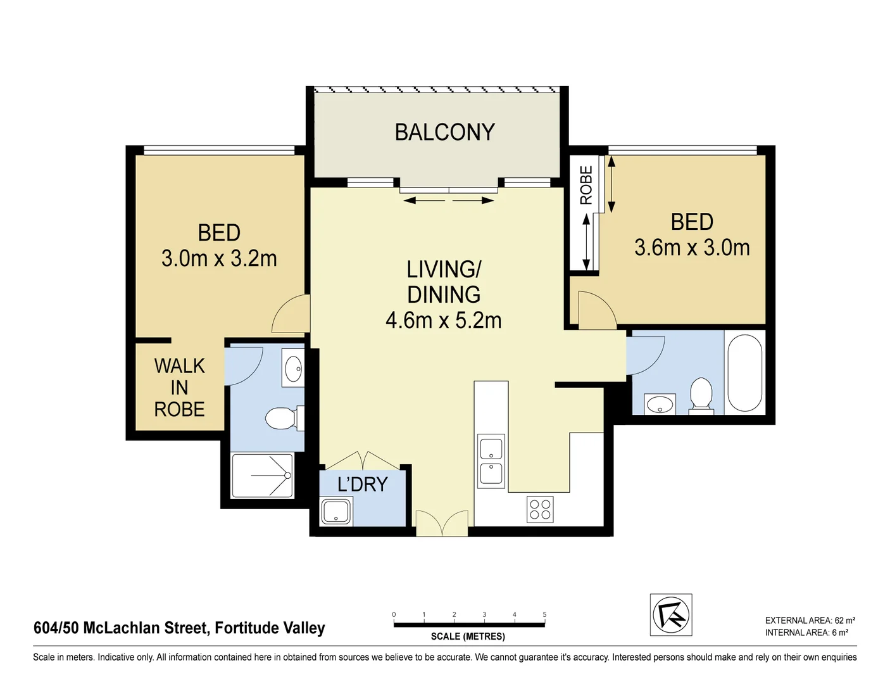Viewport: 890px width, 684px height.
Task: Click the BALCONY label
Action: [444, 132]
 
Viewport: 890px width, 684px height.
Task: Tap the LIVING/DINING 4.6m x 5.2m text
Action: [444, 295]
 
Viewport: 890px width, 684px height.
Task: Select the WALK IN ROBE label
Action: [179, 388]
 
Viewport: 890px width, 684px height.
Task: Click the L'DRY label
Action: [362, 484]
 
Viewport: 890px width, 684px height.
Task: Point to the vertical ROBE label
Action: [586, 185]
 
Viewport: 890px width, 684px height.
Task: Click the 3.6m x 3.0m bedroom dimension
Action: [692, 248]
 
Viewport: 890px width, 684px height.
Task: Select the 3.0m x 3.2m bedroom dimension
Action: [219, 258]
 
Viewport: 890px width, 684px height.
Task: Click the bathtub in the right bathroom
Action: [744, 373]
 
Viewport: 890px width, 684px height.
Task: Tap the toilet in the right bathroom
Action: [701, 395]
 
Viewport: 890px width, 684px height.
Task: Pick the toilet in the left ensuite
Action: [282, 418]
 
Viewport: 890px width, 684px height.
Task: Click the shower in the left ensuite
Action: [263, 476]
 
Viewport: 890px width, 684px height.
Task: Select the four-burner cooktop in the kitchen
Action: [540, 510]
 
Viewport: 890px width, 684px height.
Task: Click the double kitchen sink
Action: [491, 461]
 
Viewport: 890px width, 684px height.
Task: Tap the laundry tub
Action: [336, 512]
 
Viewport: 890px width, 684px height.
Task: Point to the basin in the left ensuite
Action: [293, 369]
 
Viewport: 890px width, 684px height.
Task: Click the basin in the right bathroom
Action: [660, 404]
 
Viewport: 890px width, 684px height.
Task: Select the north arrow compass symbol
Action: [671, 614]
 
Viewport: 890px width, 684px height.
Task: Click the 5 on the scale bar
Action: [544, 614]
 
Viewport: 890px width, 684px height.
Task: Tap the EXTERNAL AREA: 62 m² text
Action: [810, 621]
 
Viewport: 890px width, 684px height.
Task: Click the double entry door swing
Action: [442, 523]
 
